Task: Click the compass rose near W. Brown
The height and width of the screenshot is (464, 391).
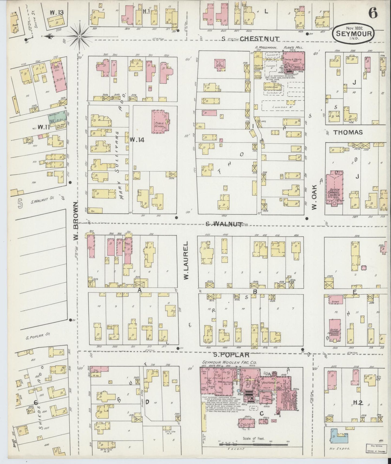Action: click(x=80, y=36)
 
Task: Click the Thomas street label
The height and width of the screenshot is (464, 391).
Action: click(x=348, y=132)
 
